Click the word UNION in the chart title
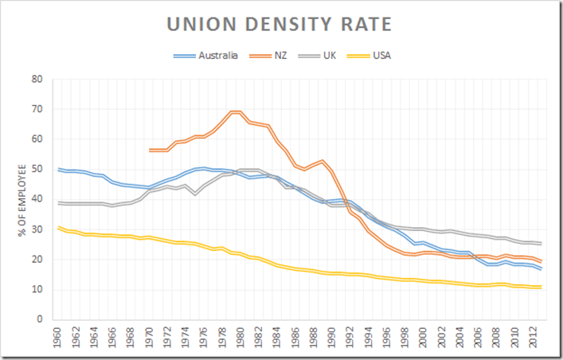[x=200, y=25]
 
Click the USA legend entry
[x=381, y=56]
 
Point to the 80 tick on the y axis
[x=37, y=79]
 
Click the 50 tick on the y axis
[x=37, y=169]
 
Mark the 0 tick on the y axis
[x=39, y=319]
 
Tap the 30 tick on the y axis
[x=37, y=229]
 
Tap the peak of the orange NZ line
[x=235, y=112]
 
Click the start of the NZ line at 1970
[x=150, y=150]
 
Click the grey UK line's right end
[x=541, y=243]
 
